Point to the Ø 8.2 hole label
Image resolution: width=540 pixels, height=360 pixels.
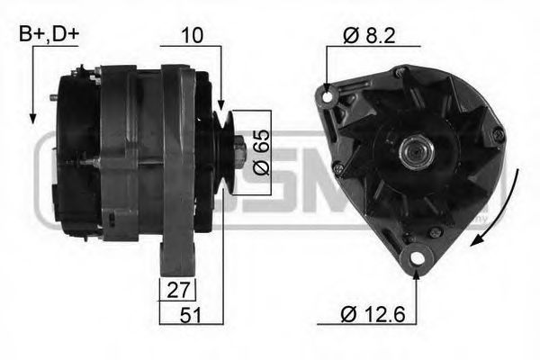coord(369,35)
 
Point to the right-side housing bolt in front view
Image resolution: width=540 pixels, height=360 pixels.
coord(498,134)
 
